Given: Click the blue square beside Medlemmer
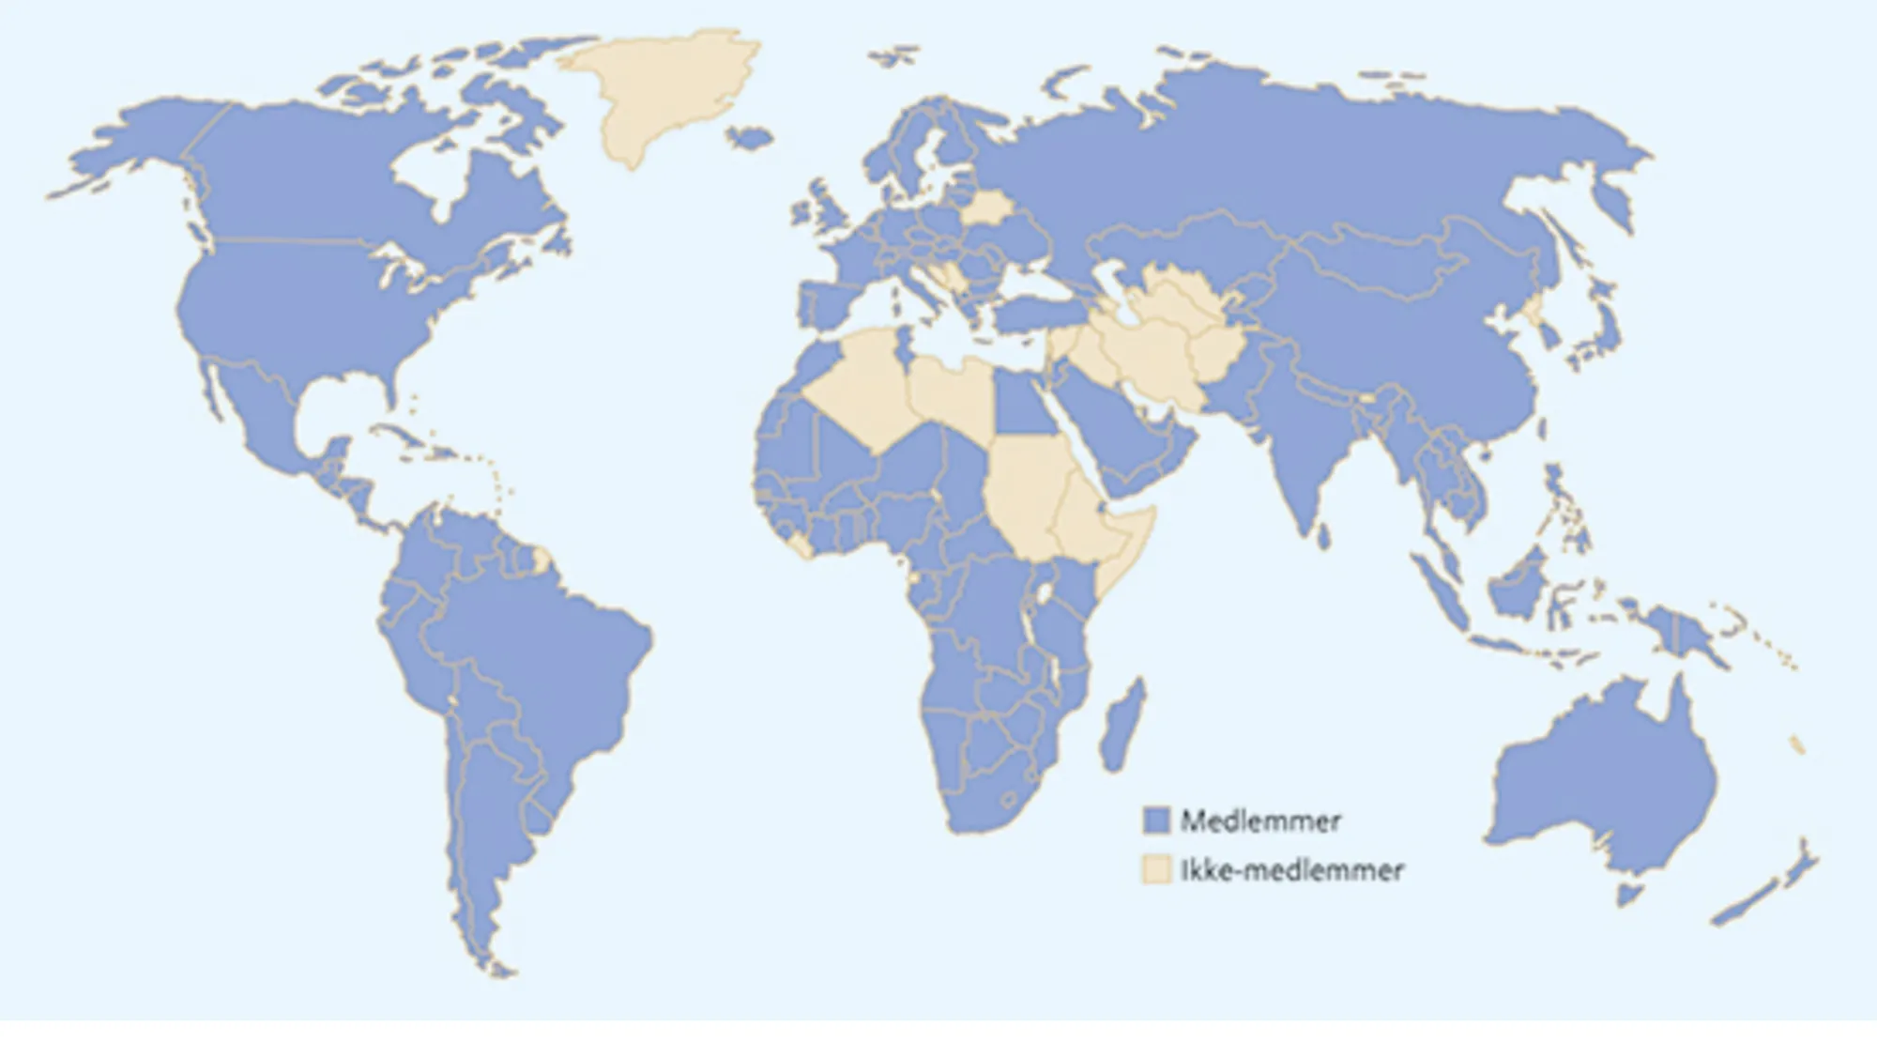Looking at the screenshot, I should tap(1157, 820).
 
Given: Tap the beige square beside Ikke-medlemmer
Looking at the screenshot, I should tap(1157, 869).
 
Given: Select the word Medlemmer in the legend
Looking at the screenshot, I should tap(1260, 821).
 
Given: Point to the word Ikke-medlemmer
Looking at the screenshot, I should tap(1291, 870).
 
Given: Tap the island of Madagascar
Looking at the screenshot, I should tap(1123, 728).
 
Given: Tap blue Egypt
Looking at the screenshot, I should tap(1021, 404).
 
